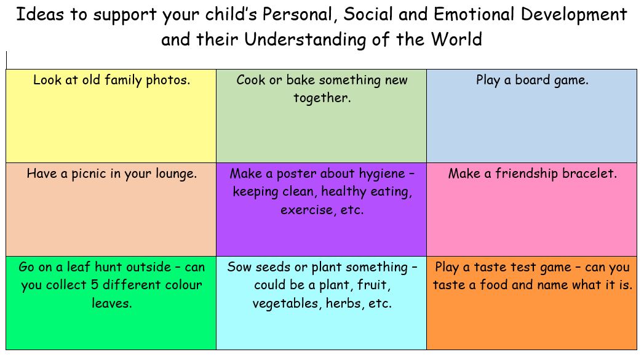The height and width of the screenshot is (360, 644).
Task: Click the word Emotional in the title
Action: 474,14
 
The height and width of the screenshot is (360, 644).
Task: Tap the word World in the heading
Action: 456,39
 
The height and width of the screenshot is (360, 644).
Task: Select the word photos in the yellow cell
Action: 168,80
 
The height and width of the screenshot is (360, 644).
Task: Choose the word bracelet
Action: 589,174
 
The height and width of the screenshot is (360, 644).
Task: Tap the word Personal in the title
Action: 296,14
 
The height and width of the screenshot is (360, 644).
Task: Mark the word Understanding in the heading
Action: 305,40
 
